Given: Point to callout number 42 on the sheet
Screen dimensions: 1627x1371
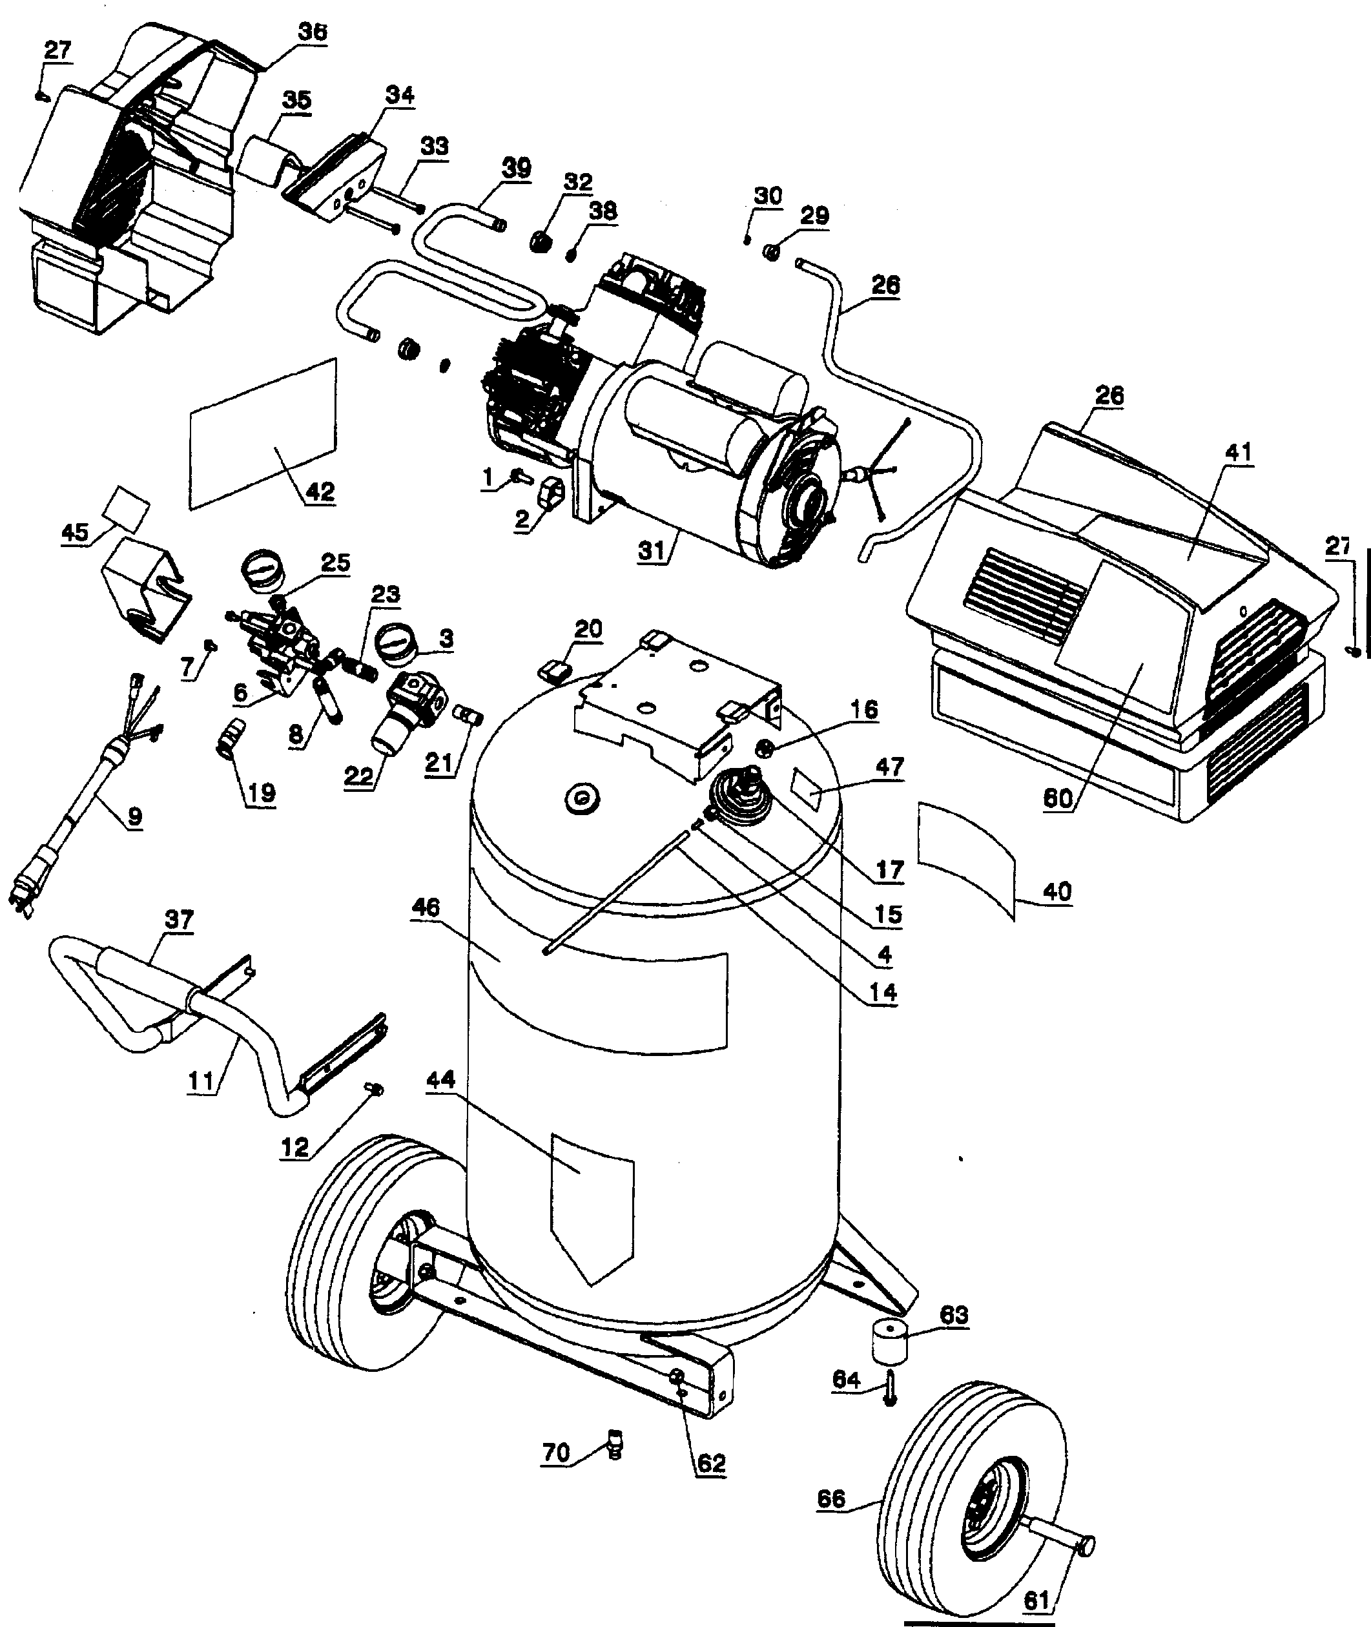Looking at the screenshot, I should coord(320,492).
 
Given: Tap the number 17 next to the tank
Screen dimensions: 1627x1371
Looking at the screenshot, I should coord(889,869).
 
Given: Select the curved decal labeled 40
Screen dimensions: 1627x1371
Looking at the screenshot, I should coord(967,855).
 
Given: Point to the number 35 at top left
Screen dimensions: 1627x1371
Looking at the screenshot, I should coord(296,99).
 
